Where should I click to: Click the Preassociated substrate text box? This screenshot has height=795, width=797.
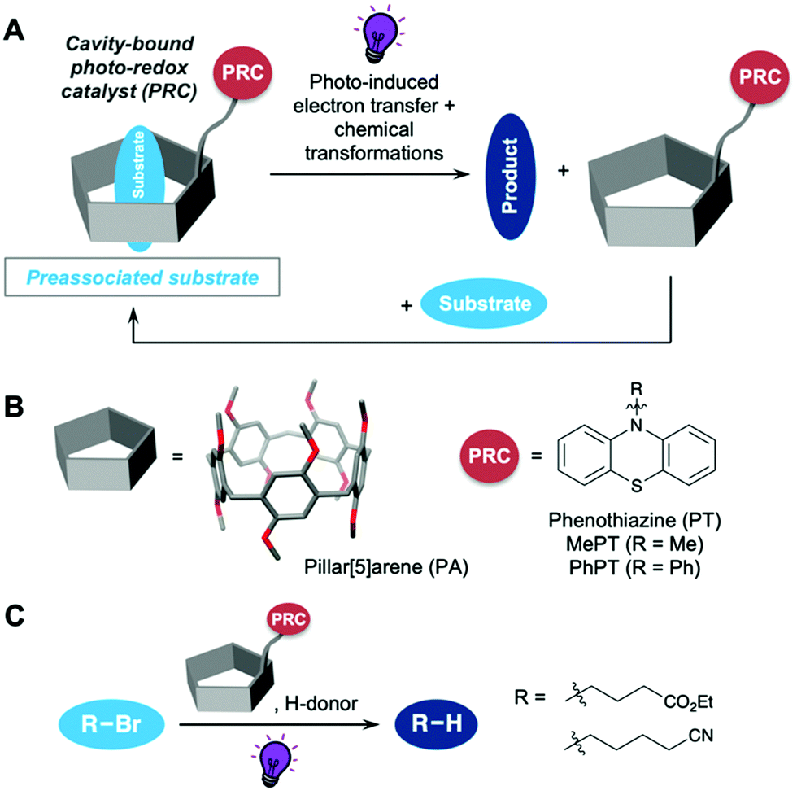tap(143, 278)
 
